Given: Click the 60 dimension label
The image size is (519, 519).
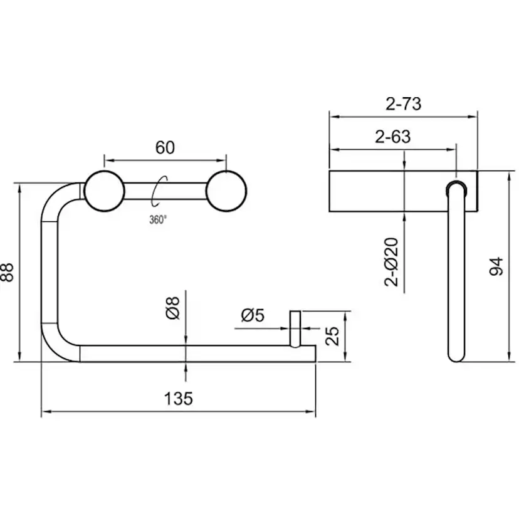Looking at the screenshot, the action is (x=165, y=148).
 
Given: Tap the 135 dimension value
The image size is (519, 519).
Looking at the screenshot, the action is (x=179, y=399).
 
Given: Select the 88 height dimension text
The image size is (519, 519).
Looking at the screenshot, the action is (x=8, y=272).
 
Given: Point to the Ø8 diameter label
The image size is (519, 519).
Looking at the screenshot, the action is (x=172, y=308).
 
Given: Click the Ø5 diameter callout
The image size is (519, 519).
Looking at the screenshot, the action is (x=253, y=315).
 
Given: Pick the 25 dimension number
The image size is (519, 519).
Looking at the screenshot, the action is (x=332, y=336).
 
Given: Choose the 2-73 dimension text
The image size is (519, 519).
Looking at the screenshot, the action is (x=404, y=103).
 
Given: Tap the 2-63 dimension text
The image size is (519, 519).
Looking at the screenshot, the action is (x=393, y=137).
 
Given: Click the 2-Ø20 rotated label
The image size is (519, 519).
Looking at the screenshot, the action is (x=391, y=262).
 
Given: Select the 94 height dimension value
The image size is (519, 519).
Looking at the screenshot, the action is (x=496, y=266).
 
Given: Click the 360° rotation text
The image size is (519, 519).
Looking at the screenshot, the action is (x=158, y=220).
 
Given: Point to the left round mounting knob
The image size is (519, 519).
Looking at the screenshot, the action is (x=104, y=191).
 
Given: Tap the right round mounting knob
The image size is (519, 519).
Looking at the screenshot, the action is (x=226, y=191).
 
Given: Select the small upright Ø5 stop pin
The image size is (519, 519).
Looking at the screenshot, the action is (x=295, y=329).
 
